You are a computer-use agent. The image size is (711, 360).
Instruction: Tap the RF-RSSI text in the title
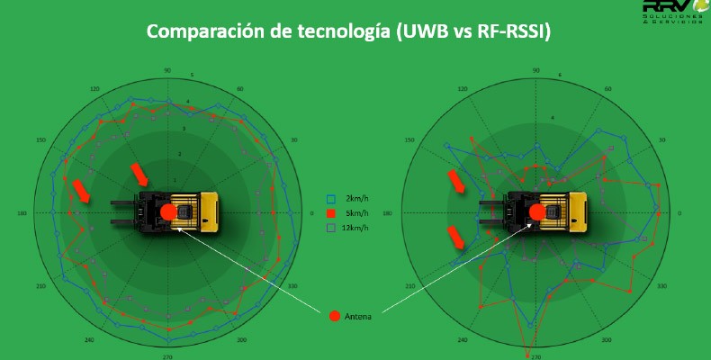pos(511,31)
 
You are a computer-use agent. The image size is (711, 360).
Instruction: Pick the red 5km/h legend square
pos(331,213)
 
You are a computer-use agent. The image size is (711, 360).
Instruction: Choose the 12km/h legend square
pos(331,229)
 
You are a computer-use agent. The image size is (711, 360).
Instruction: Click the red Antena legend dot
pos(335,316)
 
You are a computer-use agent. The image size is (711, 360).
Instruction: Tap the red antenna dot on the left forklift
pos(168,213)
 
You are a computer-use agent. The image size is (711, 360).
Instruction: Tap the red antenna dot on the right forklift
pos(537,212)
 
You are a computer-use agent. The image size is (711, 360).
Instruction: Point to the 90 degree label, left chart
pos(167,70)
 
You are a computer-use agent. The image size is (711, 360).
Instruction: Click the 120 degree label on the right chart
pos(463,89)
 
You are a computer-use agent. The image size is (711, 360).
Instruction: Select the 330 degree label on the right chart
pos(661,285)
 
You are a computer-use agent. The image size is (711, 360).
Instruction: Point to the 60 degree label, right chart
pos(608,89)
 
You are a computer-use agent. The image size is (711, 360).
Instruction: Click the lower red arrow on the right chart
pos(457,238)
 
